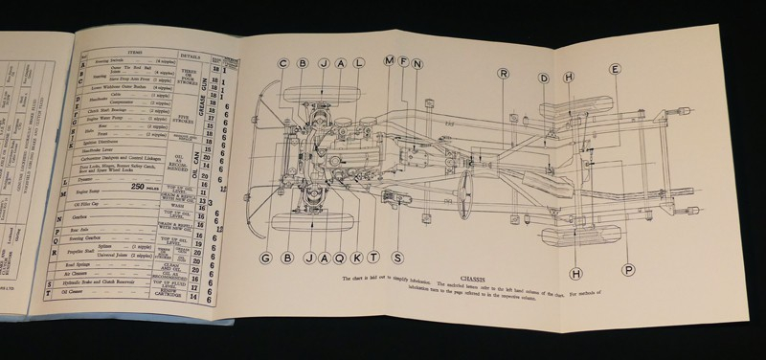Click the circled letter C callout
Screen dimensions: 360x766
point(283,64)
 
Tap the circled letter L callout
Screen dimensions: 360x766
point(359,64)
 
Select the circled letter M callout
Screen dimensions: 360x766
point(389,62)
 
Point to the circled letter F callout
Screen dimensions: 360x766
point(405,63)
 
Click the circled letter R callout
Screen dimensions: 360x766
point(504,74)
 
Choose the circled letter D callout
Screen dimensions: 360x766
point(543,78)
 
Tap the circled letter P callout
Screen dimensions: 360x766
point(628,269)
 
